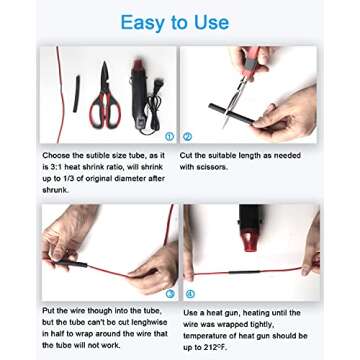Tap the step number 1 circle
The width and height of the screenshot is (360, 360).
(170, 136)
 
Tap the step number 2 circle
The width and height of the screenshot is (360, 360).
(187, 136)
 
